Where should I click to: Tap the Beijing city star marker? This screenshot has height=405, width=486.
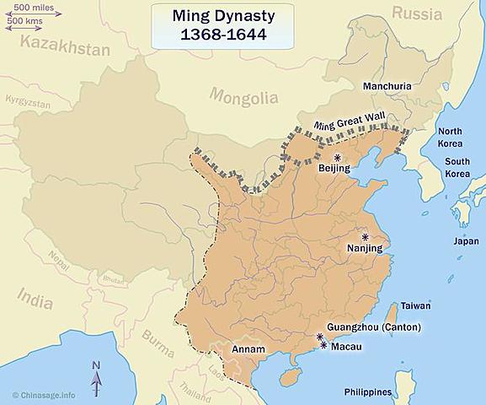coord(338,158)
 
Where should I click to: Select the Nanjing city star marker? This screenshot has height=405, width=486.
coord(366,237)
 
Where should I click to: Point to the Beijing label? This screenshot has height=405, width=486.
coord(334,169)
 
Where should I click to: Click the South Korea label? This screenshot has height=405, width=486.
coord(457,167)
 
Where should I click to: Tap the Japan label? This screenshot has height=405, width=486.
coord(466,240)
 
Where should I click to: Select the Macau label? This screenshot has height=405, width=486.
coord(348,347)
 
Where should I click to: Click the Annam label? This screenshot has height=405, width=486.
coord(249,348)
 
